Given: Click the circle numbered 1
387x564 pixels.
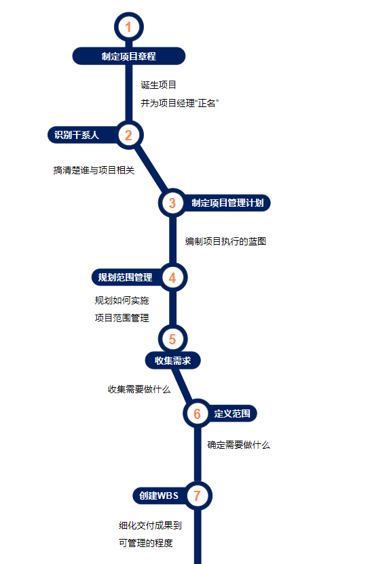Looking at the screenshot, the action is [128, 27].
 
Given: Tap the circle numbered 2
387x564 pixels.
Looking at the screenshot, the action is [128, 136].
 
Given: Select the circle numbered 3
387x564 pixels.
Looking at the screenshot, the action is [172, 203].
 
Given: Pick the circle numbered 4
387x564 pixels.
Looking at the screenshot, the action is [172, 277].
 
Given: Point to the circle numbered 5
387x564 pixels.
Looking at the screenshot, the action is [172, 339].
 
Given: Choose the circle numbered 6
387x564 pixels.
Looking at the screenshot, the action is [197, 414].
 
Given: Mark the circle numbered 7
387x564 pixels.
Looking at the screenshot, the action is [197, 496].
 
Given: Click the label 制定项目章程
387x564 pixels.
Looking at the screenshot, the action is [128, 56].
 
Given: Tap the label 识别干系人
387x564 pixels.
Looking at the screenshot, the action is [77, 135].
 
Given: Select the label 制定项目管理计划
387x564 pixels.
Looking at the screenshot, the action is [227, 203].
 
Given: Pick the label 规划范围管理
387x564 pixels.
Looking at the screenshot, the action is [125, 277].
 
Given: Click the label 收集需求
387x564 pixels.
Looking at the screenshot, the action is [172, 361].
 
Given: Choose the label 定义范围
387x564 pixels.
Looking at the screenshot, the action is [232, 414].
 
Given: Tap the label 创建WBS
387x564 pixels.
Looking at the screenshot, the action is [159, 496].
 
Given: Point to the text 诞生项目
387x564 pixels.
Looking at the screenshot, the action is [158, 85].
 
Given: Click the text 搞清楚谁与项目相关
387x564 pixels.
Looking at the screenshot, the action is [94, 170].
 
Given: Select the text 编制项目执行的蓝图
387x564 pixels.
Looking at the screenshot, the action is [225, 241].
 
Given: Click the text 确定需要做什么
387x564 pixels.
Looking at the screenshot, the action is [238, 445].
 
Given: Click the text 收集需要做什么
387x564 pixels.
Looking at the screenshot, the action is [139, 389].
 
